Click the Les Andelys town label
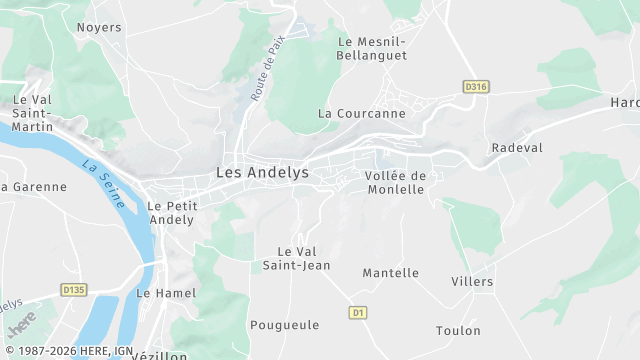point(262,172)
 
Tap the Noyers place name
point(99,28)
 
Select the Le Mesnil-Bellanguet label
point(373,48)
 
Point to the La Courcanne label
point(362,113)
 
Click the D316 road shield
point(476,87)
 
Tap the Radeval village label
point(516,147)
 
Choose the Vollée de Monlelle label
point(395,183)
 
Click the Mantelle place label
point(390,273)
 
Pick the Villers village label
point(472,281)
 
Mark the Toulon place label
point(458,330)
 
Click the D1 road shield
point(358,313)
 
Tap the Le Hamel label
point(166,293)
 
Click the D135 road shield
point(73,290)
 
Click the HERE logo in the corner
point(22,325)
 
